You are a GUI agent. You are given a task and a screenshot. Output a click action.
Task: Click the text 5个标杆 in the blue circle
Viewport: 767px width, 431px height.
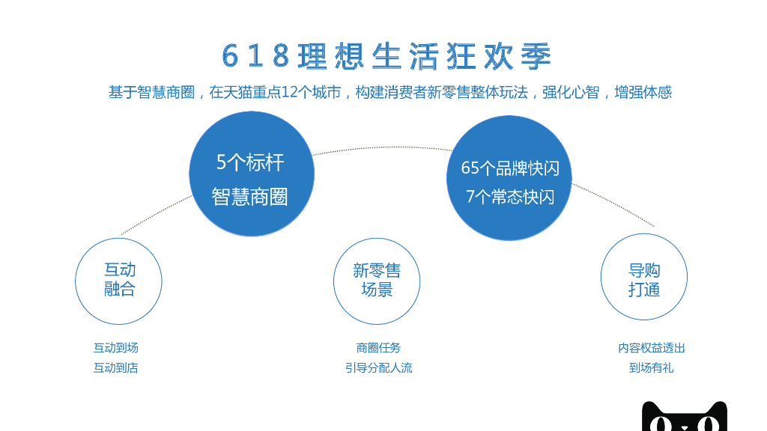(x=250, y=162)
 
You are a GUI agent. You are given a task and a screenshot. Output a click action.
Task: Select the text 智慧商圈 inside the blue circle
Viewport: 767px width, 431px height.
(x=250, y=197)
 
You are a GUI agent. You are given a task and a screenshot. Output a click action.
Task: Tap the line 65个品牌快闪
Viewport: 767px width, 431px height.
(x=510, y=168)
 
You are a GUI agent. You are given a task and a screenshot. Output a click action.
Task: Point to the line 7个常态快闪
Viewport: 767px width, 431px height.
(x=510, y=197)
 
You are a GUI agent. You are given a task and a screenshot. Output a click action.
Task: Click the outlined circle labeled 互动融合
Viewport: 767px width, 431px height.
(x=118, y=281)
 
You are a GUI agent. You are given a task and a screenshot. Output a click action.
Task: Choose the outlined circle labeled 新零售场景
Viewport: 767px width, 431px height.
(x=377, y=281)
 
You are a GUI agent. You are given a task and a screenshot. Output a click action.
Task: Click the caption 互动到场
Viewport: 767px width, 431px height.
(x=115, y=348)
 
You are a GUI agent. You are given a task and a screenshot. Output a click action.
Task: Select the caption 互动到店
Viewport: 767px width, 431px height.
(x=115, y=368)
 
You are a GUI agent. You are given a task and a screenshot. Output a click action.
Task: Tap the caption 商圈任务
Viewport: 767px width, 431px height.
(x=378, y=348)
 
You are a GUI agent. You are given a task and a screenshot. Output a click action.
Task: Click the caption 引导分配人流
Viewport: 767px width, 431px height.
(x=378, y=368)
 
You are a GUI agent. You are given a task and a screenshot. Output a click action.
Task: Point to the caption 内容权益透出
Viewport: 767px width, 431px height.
(x=652, y=348)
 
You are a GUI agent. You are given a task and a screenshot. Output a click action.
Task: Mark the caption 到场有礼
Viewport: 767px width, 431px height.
(x=652, y=368)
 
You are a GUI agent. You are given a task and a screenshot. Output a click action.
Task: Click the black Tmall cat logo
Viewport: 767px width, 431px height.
(x=685, y=418)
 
